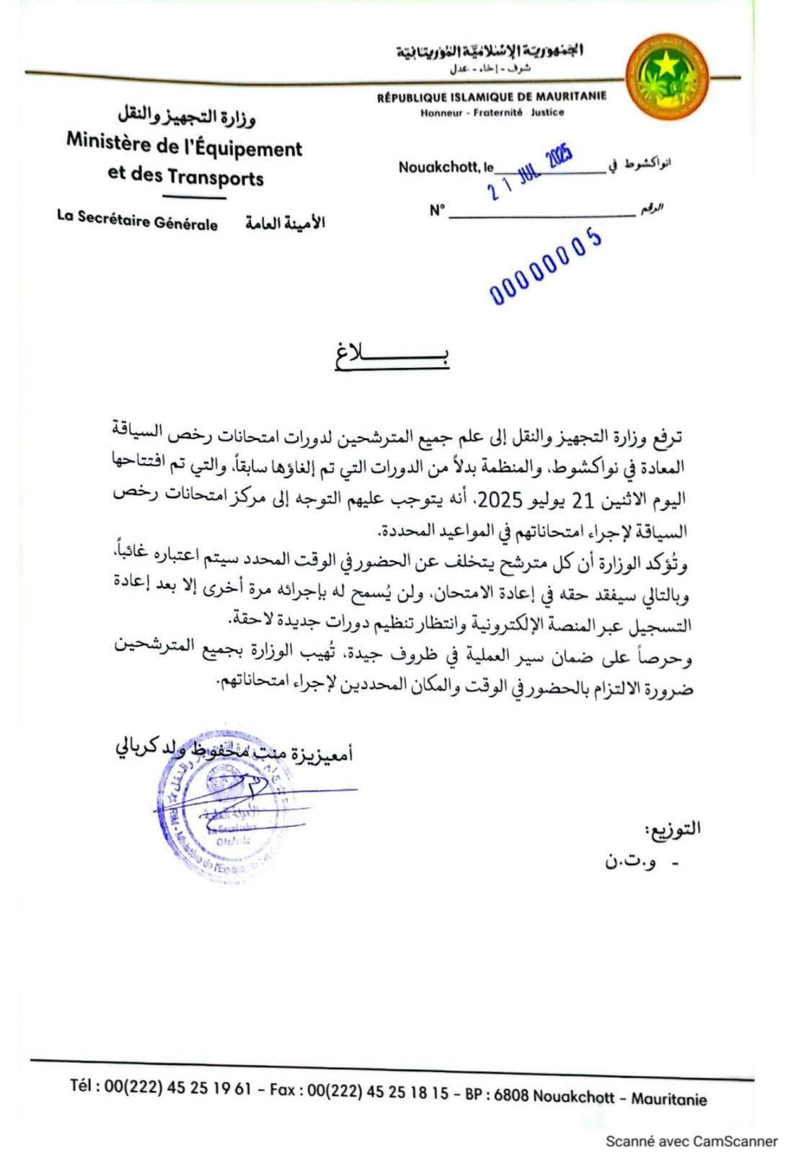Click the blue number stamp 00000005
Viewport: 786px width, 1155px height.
coord(546,266)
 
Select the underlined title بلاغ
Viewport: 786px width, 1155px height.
coord(392,356)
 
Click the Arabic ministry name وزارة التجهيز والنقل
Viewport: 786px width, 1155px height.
coord(186,115)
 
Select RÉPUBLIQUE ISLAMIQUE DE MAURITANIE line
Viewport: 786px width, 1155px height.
coord(491,97)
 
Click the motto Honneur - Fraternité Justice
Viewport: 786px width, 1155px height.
coord(492,113)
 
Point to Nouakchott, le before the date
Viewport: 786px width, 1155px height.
coord(446,167)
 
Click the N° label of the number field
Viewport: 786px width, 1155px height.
coord(437,211)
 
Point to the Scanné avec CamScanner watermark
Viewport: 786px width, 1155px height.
coord(691,1141)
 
